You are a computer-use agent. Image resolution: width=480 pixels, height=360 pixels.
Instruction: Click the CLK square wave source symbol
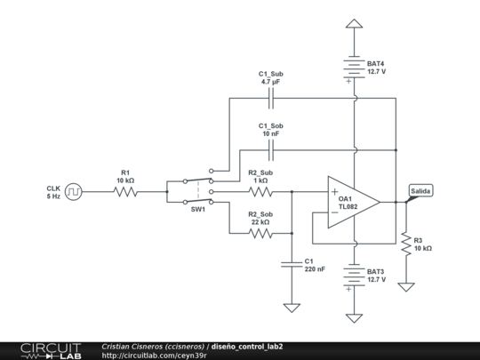[74, 192]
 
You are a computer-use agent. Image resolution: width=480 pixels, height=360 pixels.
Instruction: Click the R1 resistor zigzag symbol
[125, 192]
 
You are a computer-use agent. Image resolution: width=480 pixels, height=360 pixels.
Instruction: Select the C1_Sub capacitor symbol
[271, 99]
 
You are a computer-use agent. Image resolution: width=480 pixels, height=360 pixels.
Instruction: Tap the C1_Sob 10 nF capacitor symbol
[271, 150]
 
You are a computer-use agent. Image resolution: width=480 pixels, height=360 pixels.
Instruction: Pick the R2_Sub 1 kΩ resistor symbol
[260, 192]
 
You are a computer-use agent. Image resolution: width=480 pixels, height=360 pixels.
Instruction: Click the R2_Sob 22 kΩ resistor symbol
[260, 234]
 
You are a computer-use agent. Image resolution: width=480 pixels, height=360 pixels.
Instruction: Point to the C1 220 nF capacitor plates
[292, 265]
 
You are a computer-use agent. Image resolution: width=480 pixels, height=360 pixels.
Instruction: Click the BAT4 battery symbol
[354, 68]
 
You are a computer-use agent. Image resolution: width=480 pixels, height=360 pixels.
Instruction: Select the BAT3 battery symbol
[354, 276]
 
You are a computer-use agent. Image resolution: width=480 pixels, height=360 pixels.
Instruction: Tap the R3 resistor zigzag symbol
[406, 244]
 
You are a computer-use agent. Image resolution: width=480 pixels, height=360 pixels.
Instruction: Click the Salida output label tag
[420, 191]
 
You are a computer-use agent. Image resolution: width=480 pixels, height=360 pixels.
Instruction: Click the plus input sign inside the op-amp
[334, 192]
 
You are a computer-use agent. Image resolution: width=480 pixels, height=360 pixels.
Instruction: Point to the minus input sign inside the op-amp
[334, 212]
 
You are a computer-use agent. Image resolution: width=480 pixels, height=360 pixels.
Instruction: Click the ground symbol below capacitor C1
[292, 308]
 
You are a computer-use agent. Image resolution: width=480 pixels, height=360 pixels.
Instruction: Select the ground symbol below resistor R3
[406, 287]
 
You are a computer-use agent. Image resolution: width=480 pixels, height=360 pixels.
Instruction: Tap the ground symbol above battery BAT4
[354, 24]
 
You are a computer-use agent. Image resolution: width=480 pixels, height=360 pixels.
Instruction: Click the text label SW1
[198, 210]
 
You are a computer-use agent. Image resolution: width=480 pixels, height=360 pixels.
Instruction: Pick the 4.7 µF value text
[270, 82]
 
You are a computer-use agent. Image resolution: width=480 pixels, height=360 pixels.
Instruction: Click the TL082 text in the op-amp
[348, 206]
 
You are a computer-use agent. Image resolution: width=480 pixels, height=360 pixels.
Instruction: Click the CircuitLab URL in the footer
[155, 356]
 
